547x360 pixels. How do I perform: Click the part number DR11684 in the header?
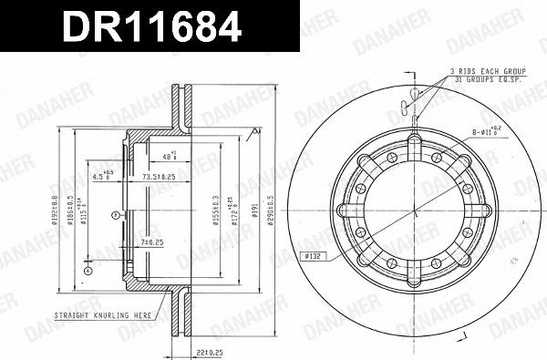coord(150,26)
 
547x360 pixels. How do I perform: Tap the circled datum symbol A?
coord(88,271)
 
